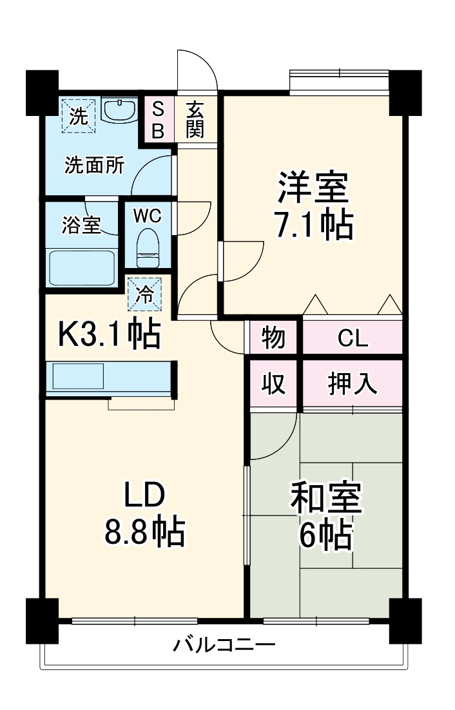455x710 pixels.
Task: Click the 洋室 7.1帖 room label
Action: click(x=315, y=206)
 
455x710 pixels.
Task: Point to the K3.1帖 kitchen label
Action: click(x=110, y=334)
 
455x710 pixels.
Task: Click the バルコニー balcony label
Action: click(x=224, y=644)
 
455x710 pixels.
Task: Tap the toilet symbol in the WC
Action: click(x=148, y=249)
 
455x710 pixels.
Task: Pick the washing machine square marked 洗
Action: click(x=79, y=116)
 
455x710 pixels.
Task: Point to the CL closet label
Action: click(x=353, y=337)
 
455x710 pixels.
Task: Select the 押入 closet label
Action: click(x=353, y=384)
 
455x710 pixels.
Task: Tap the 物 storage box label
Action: click(x=273, y=337)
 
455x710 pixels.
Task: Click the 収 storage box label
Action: click(x=273, y=384)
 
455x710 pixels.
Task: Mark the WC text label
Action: click(x=147, y=215)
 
